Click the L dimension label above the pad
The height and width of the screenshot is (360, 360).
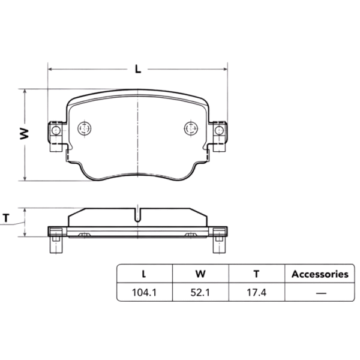click(x=137, y=69)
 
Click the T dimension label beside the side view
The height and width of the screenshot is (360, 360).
click(x=7, y=218)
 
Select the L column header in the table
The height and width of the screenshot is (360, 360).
click(x=143, y=274)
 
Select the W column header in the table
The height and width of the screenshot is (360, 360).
click(x=200, y=274)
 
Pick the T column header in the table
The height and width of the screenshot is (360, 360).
click(x=256, y=274)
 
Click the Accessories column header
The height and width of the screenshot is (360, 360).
click(x=320, y=274)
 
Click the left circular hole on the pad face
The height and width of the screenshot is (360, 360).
click(x=85, y=128)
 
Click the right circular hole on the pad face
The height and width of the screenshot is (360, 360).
click(x=190, y=128)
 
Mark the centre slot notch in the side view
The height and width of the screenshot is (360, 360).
click(x=138, y=215)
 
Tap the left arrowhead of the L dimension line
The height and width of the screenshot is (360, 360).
click(x=50, y=69)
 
